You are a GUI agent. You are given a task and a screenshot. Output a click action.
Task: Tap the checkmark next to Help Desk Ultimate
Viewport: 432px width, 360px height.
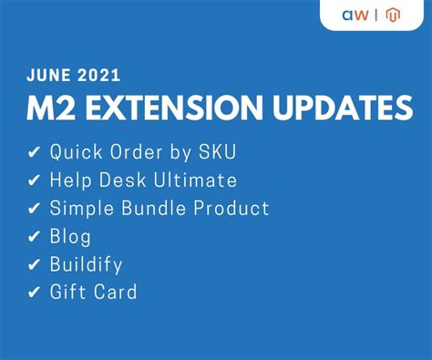coord(35,180)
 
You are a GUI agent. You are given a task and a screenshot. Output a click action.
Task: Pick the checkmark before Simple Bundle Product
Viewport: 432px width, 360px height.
coord(35,209)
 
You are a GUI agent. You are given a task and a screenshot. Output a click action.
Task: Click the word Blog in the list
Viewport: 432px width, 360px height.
coord(70,237)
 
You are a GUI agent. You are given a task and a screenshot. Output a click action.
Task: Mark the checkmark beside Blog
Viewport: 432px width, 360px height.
coord(35,237)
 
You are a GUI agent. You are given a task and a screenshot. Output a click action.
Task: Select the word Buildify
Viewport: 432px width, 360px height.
coord(87,265)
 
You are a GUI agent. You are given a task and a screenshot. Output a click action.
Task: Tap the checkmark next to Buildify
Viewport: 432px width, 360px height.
coord(35,265)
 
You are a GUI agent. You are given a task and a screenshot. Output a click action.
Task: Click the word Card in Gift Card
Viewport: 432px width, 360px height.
coord(118,293)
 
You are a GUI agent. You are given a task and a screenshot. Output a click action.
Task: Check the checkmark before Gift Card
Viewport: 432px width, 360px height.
coord(35,293)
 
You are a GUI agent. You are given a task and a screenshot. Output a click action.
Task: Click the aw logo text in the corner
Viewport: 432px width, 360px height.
coord(355,15)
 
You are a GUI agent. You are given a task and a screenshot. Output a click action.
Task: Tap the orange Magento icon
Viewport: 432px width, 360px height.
coord(394,15)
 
